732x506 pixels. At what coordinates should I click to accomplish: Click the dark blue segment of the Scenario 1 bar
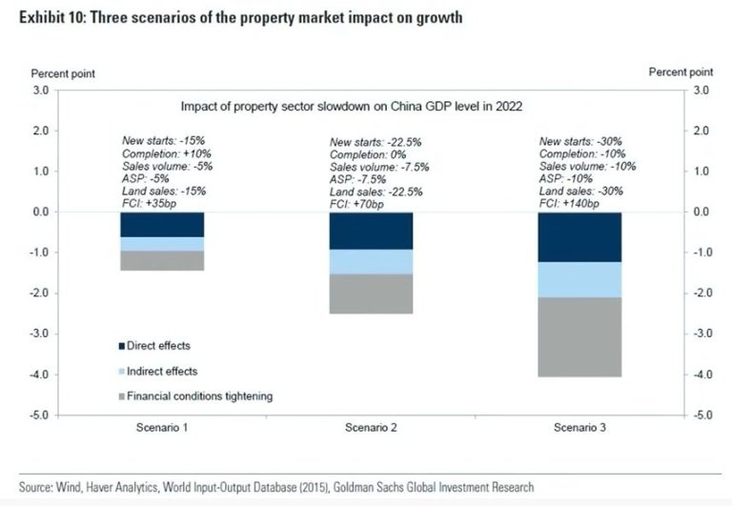click(x=162, y=224)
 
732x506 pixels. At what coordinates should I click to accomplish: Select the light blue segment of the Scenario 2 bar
click(x=371, y=262)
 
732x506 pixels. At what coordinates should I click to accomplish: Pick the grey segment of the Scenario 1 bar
click(x=162, y=260)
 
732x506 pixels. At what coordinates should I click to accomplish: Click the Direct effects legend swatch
click(x=121, y=346)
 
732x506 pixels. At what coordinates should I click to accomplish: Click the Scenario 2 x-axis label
click(x=371, y=429)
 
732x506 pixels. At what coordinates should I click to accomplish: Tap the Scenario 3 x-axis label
click(x=579, y=429)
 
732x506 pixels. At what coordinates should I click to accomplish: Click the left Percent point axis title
click(x=63, y=72)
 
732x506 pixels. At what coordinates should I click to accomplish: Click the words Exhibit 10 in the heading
click(x=42, y=17)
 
